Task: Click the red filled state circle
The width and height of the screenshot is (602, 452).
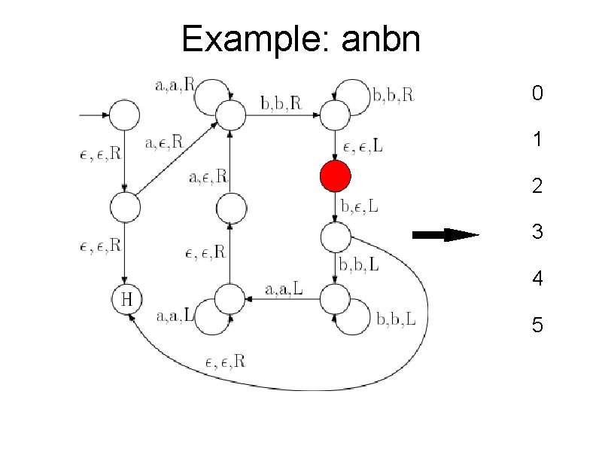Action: point(335,177)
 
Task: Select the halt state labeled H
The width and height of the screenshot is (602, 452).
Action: point(126,300)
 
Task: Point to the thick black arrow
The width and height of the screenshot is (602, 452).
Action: point(445,236)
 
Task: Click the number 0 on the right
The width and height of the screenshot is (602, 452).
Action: point(537,94)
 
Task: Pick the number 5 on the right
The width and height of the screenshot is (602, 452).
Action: point(537,325)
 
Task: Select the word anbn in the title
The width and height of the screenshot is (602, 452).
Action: point(380,39)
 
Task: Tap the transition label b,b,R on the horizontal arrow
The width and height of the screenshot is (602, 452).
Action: point(280,103)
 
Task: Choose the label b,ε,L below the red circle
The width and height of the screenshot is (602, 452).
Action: point(360,205)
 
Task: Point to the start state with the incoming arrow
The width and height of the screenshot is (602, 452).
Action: point(126,115)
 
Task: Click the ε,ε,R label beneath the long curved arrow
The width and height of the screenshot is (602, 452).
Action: point(225,362)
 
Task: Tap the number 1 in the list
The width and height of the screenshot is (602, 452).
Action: point(537,140)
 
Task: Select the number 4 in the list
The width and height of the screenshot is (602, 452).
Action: point(537,279)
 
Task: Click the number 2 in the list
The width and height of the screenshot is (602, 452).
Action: point(537,186)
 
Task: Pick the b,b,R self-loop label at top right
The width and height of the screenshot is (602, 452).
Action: point(393,96)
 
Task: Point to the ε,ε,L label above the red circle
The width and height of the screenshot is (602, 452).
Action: point(360,147)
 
